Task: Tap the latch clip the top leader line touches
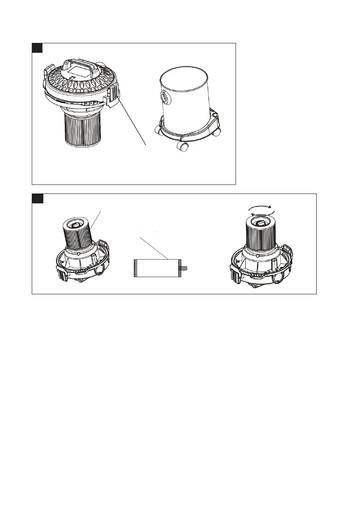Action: [113, 96]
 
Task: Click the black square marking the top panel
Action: [38, 48]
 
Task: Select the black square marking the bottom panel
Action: [38, 198]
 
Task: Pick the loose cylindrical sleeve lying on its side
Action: [154, 269]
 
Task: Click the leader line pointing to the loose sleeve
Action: [153, 247]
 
